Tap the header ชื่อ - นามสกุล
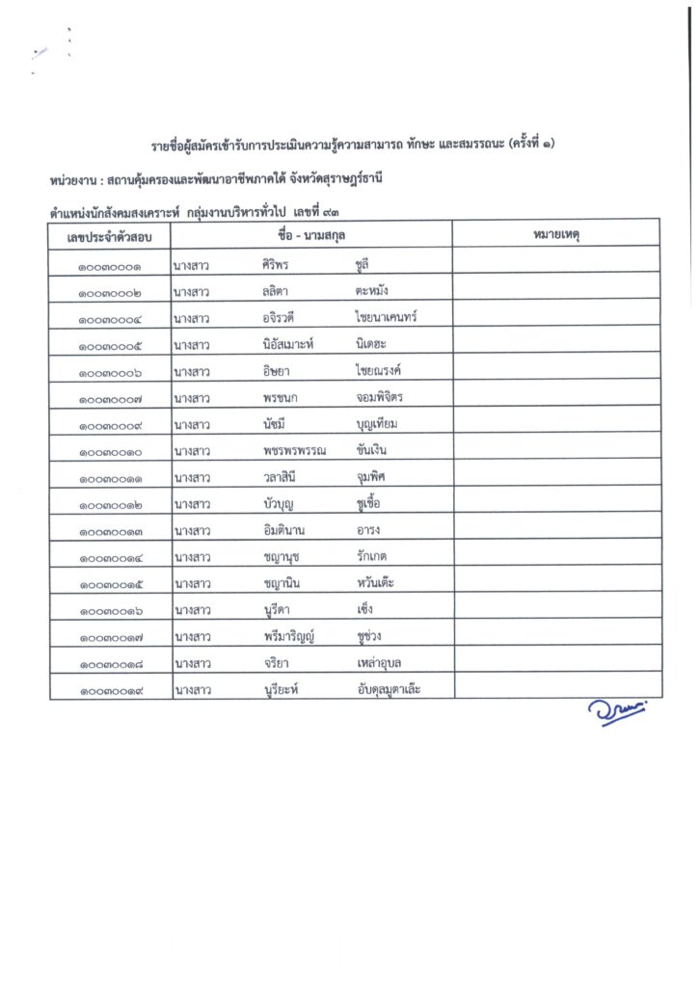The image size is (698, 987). coord(311,234)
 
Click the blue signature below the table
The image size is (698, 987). coord(617,710)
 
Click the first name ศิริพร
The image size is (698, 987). coord(279,264)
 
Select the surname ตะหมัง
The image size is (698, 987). coord(372,290)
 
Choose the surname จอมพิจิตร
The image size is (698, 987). coord(379,396)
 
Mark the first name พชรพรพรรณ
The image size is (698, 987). coord(295,449)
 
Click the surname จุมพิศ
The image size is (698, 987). coord(373,476)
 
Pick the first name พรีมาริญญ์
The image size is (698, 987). coord(296,635)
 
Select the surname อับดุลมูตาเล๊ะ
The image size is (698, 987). coord(389,688)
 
